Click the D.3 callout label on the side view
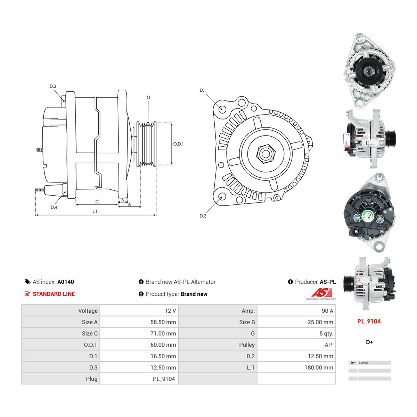(x=53, y=86)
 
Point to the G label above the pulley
(x=148, y=97)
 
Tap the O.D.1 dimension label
(x=178, y=144)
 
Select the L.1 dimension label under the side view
(x=95, y=211)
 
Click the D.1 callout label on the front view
(x=203, y=90)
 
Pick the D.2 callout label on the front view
(x=203, y=216)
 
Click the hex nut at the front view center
(x=266, y=154)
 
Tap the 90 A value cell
(x=327, y=311)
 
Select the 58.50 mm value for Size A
(x=163, y=322)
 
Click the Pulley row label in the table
(x=247, y=345)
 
